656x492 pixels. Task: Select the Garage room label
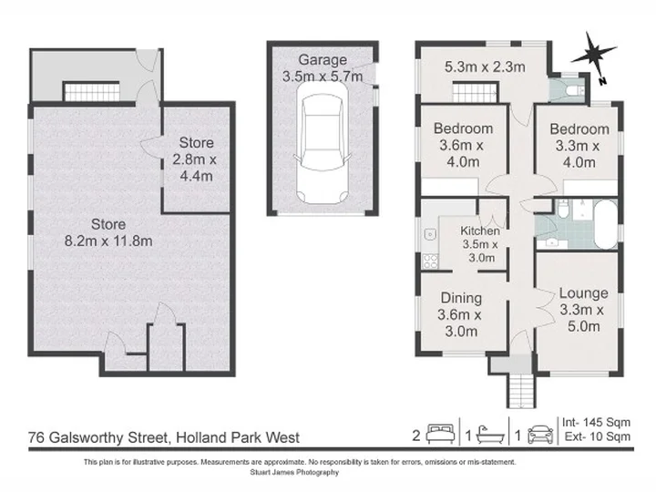323,60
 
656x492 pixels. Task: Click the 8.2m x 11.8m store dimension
108,241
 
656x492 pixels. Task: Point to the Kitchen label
480,231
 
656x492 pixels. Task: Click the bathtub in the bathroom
605,225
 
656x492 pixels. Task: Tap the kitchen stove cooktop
430,261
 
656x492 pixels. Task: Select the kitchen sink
430,234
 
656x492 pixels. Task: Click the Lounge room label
584,293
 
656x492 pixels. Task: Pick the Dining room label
461,298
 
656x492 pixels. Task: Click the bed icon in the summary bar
440,435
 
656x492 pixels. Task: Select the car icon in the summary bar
540,435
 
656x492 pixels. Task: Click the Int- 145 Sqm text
596,423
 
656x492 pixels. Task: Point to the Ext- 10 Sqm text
598,436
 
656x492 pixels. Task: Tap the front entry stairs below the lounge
521,390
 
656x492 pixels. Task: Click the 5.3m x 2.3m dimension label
485,67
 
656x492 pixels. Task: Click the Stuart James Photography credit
294,472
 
